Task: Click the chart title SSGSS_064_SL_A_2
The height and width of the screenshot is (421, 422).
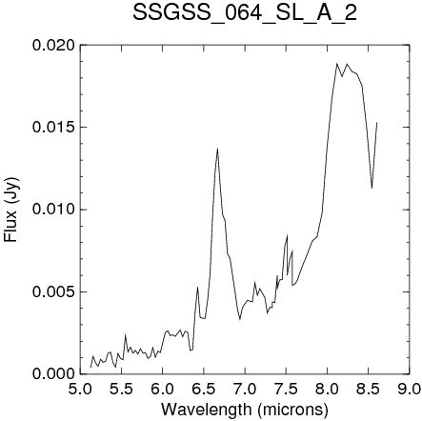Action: click(245, 13)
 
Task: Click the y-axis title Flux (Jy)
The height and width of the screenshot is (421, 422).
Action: click(11, 210)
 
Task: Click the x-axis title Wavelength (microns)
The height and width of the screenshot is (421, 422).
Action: click(245, 410)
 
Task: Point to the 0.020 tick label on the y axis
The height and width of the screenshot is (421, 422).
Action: click(54, 45)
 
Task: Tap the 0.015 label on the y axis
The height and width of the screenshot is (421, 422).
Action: click(54, 128)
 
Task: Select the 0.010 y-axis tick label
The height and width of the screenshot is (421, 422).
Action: click(54, 210)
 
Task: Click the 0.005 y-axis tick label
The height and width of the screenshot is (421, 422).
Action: click(54, 291)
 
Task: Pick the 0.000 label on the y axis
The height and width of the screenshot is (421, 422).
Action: click(54, 373)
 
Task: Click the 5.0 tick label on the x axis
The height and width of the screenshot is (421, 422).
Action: click(80, 389)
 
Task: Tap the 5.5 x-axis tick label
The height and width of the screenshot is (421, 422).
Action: click(121, 389)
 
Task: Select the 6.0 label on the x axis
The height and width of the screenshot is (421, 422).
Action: click(163, 389)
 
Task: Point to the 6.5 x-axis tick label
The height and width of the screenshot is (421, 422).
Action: click(204, 389)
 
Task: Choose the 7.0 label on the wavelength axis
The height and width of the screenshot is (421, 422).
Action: click(245, 389)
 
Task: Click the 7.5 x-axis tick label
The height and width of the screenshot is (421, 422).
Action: click(286, 389)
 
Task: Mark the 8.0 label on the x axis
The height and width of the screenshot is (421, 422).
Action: click(327, 389)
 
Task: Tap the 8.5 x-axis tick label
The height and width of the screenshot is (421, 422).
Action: click(368, 389)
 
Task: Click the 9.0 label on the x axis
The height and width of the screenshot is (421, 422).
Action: click(410, 389)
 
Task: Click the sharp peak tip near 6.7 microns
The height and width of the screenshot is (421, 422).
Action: click(217, 149)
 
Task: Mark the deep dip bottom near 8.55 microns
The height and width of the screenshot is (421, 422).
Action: click(372, 188)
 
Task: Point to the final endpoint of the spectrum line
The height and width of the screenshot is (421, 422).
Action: click(377, 123)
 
